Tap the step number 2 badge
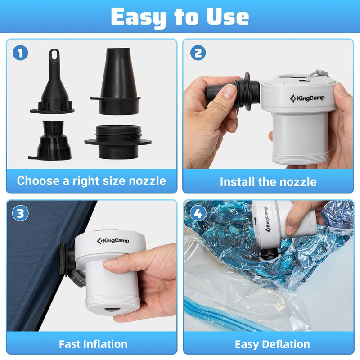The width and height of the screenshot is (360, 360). [198, 53]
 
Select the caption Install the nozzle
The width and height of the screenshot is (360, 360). [268, 182]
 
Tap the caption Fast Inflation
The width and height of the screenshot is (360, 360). [93, 344]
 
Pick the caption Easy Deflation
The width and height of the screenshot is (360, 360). [272, 344]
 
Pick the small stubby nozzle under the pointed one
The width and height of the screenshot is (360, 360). [50, 140]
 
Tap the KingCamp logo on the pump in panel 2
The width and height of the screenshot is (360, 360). [307, 98]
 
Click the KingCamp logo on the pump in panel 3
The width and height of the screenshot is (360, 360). [113, 241]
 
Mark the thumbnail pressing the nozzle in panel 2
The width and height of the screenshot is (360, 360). [228, 92]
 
